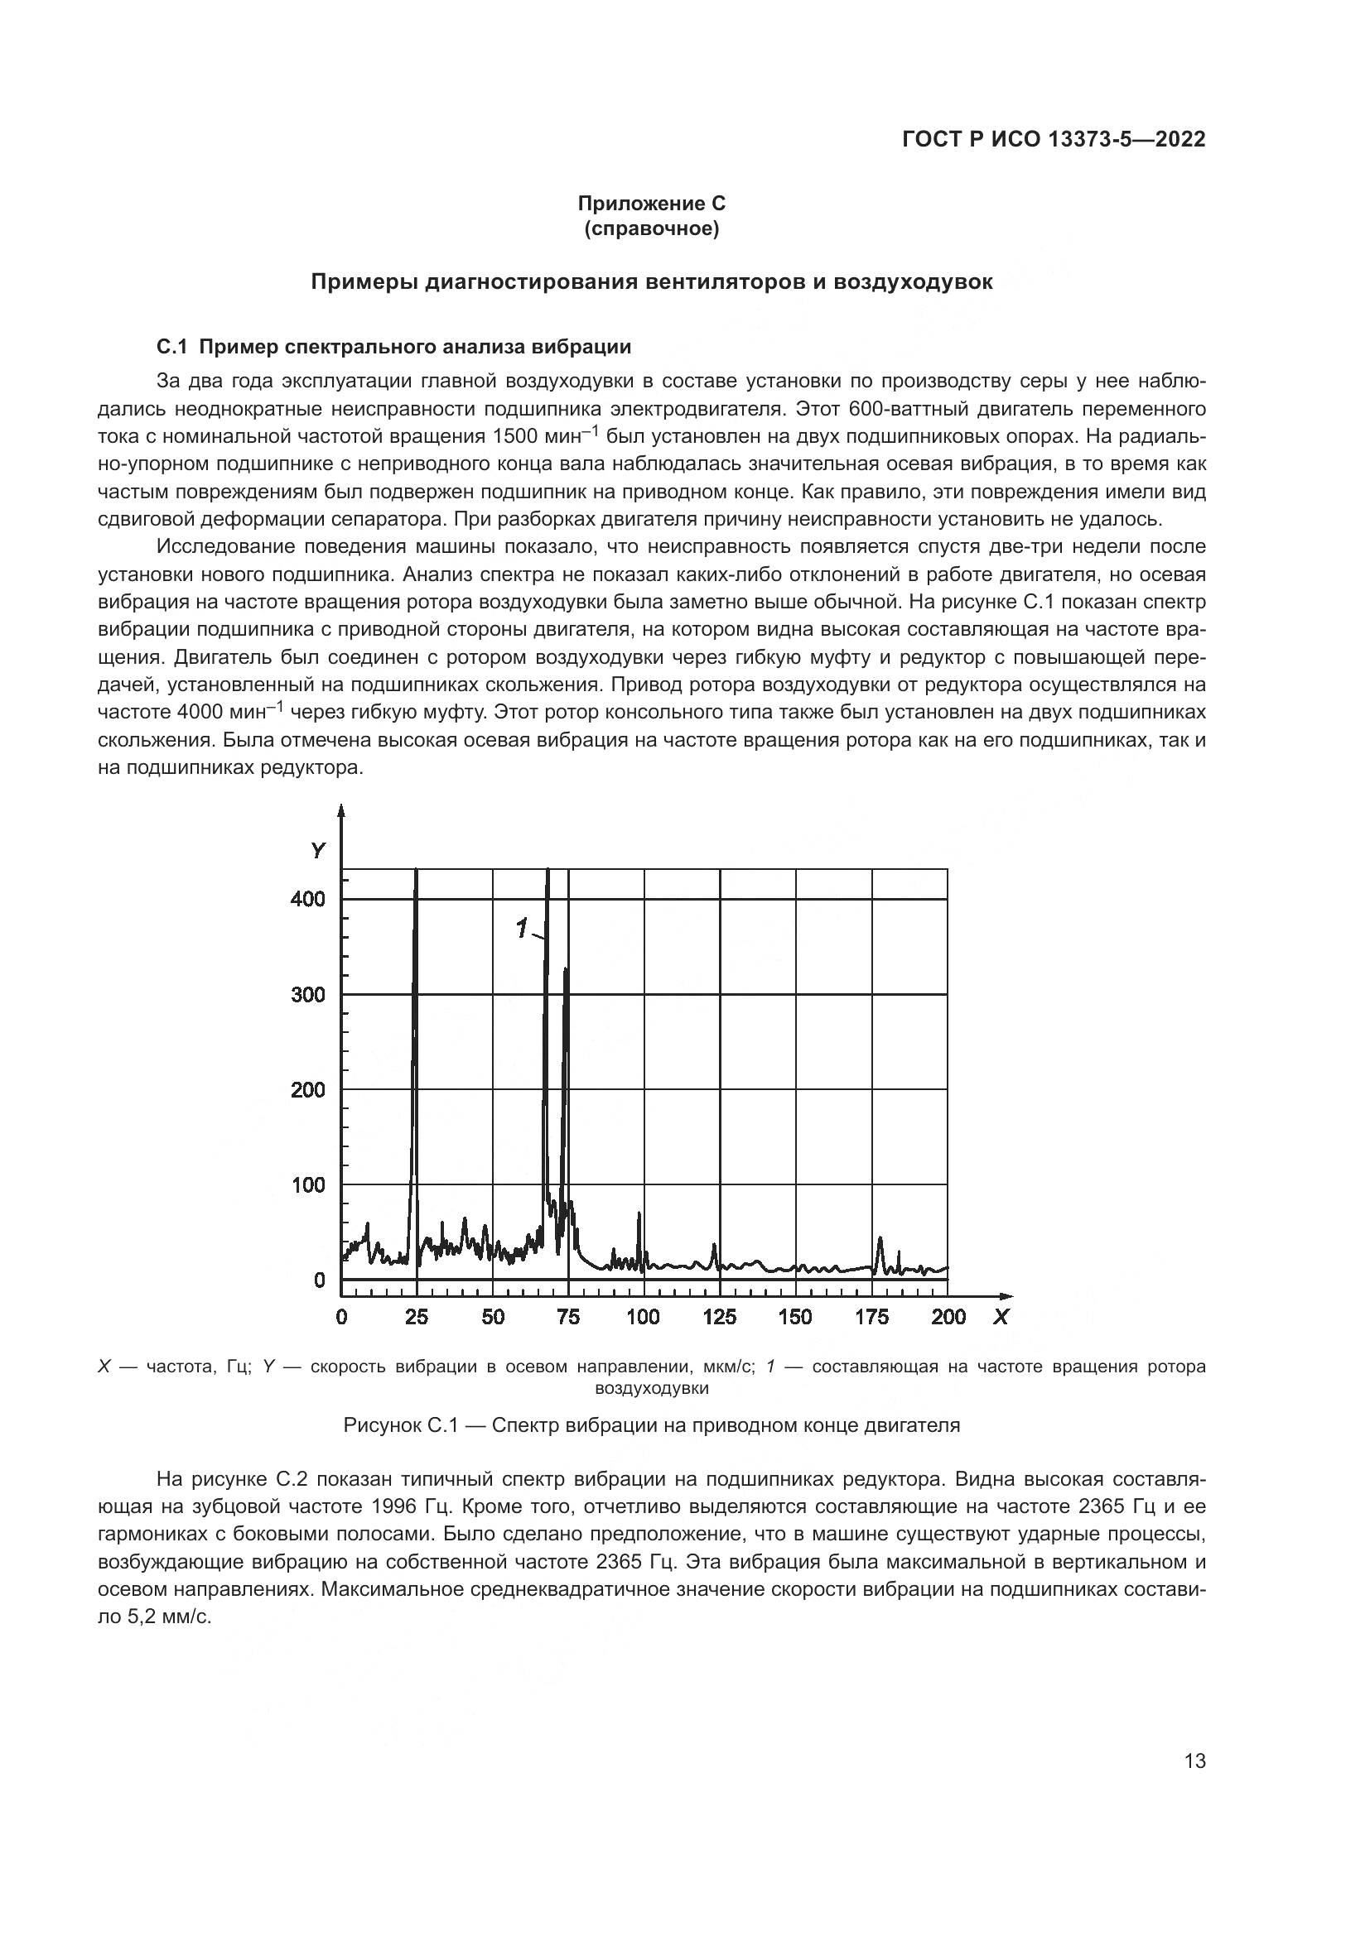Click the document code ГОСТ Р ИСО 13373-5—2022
point(1053,139)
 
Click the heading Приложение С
point(651,204)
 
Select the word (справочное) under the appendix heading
point(651,228)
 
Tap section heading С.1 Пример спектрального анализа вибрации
point(394,347)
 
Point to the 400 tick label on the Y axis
point(308,899)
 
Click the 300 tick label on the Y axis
point(308,994)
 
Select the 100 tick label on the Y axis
point(308,1184)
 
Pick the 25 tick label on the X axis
point(417,1317)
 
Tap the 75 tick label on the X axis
point(568,1317)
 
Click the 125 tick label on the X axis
point(720,1317)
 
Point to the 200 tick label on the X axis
point(948,1317)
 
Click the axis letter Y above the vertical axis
point(317,851)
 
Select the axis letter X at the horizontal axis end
point(1001,1317)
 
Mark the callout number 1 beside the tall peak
point(521,929)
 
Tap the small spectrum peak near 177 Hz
point(880,1241)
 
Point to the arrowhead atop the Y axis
point(341,811)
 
